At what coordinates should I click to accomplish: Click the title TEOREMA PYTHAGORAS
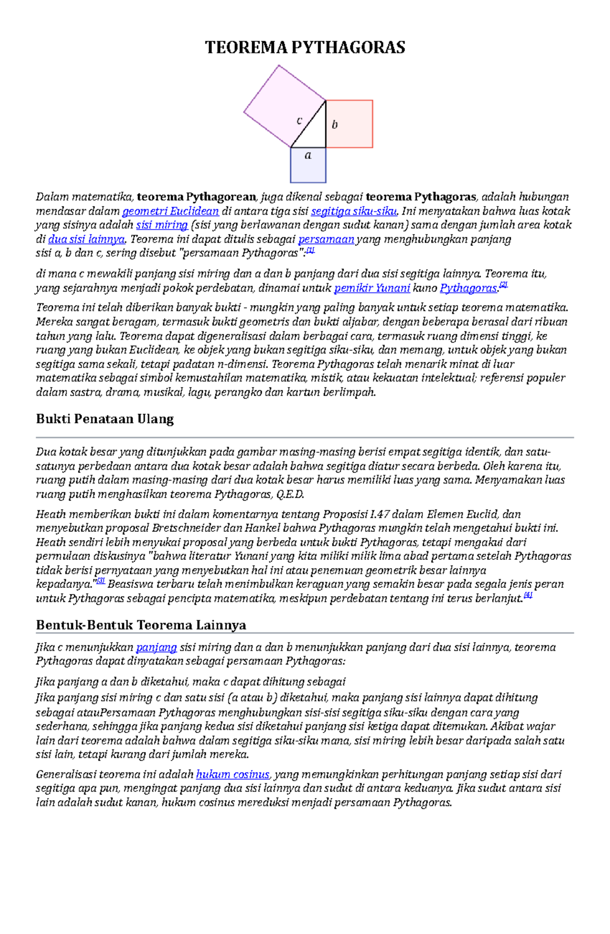(305, 47)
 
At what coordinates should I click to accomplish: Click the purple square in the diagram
(277, 102)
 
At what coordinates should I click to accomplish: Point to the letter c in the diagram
(299, 120)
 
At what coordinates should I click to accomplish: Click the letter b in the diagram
(334, 124)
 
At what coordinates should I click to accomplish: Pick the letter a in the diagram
(308, 155)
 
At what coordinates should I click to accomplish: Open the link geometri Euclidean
(170, 211)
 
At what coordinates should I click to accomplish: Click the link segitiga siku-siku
(354, 211)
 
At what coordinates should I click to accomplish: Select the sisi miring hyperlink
(162, 225)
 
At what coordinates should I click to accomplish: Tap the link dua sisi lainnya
(86, 239)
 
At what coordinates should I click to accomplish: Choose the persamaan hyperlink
(326, 239)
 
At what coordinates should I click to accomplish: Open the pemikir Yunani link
(372, 288)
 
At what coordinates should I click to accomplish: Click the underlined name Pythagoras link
(468, 288)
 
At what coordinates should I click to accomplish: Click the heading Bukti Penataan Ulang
(105, 419)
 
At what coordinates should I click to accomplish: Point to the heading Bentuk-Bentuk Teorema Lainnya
(141, 625)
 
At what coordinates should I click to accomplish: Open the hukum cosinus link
(232, 774)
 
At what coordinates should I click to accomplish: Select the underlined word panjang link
(156, 647)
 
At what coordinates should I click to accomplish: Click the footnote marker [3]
(101, 581)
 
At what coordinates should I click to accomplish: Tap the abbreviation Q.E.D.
(290, 494)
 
